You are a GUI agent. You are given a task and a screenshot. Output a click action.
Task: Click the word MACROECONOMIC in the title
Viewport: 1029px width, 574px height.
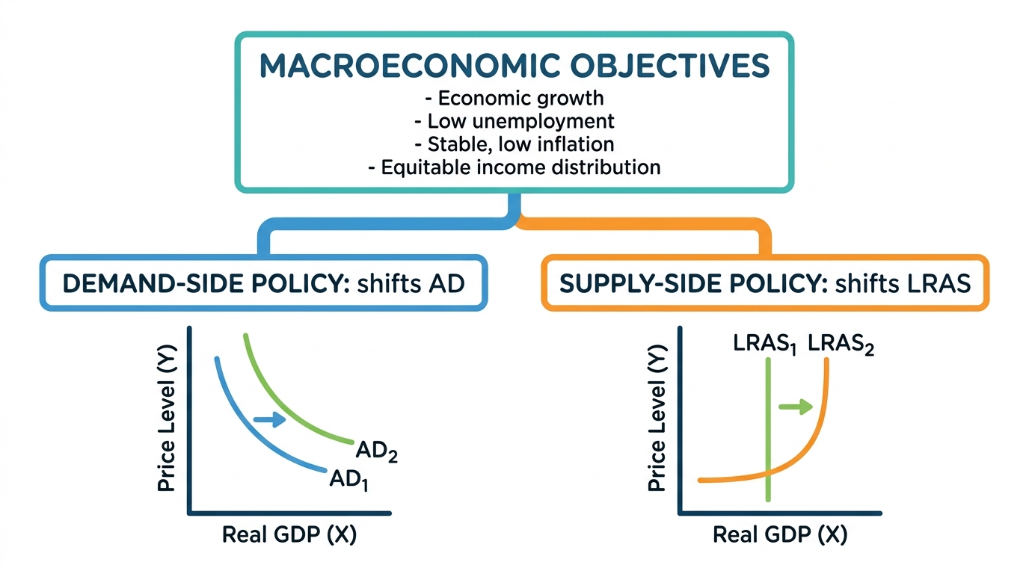pyautogui.click(x=410, y=66)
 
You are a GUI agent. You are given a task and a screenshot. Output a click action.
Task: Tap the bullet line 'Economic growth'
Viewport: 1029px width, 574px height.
pyautogui.click(x=514, y=98)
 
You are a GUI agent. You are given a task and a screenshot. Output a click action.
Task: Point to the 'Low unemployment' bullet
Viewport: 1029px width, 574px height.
pyautogui.click(x=514, y=121)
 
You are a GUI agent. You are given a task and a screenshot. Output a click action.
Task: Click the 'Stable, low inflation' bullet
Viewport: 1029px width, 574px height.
pyautogui.click(x=514, y=144)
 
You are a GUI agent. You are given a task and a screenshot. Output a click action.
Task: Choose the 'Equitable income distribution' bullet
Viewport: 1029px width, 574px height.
pyautogui.click(x=514, y=167)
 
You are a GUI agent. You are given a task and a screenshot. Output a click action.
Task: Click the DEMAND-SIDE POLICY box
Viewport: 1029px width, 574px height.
pyautogui.click(x=264, y=283)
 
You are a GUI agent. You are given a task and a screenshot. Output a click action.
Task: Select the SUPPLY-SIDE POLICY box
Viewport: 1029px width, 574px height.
pyautogui.click(x=765, y=283)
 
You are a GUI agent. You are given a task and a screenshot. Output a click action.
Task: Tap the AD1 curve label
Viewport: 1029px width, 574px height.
pyautogui.click(x=349, y=481)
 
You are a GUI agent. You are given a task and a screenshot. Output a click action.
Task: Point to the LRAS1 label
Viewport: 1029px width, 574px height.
pyautogui.click(x=764, y=345)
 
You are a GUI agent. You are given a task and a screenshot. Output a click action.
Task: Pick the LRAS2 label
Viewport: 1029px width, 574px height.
pyautogui.click(x=841, y=345)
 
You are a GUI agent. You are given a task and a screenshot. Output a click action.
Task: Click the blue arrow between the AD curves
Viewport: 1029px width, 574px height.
pyautogui.click(x=270, y=419)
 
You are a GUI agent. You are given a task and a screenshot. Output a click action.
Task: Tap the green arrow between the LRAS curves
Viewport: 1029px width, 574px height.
pyautogui.click(x=796, y=407)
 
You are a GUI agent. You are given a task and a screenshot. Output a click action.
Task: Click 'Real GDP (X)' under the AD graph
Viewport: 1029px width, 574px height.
pyautogui.click(x=289, y=534)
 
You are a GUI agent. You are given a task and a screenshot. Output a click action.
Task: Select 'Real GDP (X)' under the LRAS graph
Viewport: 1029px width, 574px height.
pyautogui.click(x=780, y=534)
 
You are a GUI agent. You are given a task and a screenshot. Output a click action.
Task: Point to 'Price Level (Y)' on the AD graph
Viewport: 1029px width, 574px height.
pyautogui.click(x=166, y=418)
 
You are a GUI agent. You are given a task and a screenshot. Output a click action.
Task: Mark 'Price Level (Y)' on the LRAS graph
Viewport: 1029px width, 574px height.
pyautogui.click(x=657, y=418)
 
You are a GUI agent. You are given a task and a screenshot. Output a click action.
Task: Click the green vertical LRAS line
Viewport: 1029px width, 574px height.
pyautogui.click(x=768, y=430)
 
